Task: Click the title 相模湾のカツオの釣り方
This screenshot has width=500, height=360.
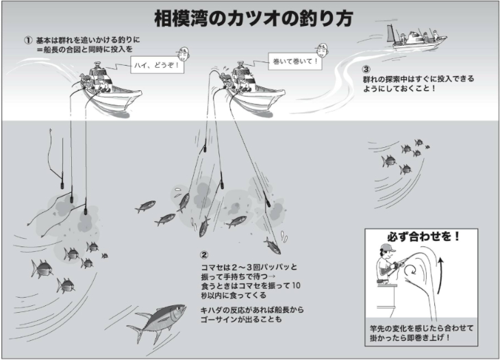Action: tap(253, 18)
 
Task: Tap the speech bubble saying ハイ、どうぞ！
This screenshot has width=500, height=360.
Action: tap(157, 65)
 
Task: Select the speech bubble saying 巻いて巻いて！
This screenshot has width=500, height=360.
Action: tap(295, 61)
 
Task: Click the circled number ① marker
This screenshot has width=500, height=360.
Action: tap(28, 40)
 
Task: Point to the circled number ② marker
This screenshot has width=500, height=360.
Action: tap(204, 255)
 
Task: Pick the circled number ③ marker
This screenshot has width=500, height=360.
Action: tap(366, 69)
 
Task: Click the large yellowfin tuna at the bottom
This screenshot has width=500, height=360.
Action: tap(157, 322)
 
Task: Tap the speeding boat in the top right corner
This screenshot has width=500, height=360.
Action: tap(417, 38)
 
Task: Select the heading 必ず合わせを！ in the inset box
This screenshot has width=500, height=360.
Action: tap(424, 237)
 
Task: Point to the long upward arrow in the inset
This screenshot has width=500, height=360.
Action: tap(440, 275)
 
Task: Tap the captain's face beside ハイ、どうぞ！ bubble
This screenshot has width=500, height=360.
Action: tap(182, 55)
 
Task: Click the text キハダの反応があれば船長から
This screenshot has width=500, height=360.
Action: tap(252, 310)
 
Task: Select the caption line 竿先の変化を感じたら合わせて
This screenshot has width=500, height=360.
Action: tap(421, 328)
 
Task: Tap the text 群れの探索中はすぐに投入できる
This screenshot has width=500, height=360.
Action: tap(418, 79)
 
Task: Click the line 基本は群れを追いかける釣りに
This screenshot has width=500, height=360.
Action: tap(88, 40)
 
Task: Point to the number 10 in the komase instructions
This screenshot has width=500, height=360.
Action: tap(296, 285)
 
